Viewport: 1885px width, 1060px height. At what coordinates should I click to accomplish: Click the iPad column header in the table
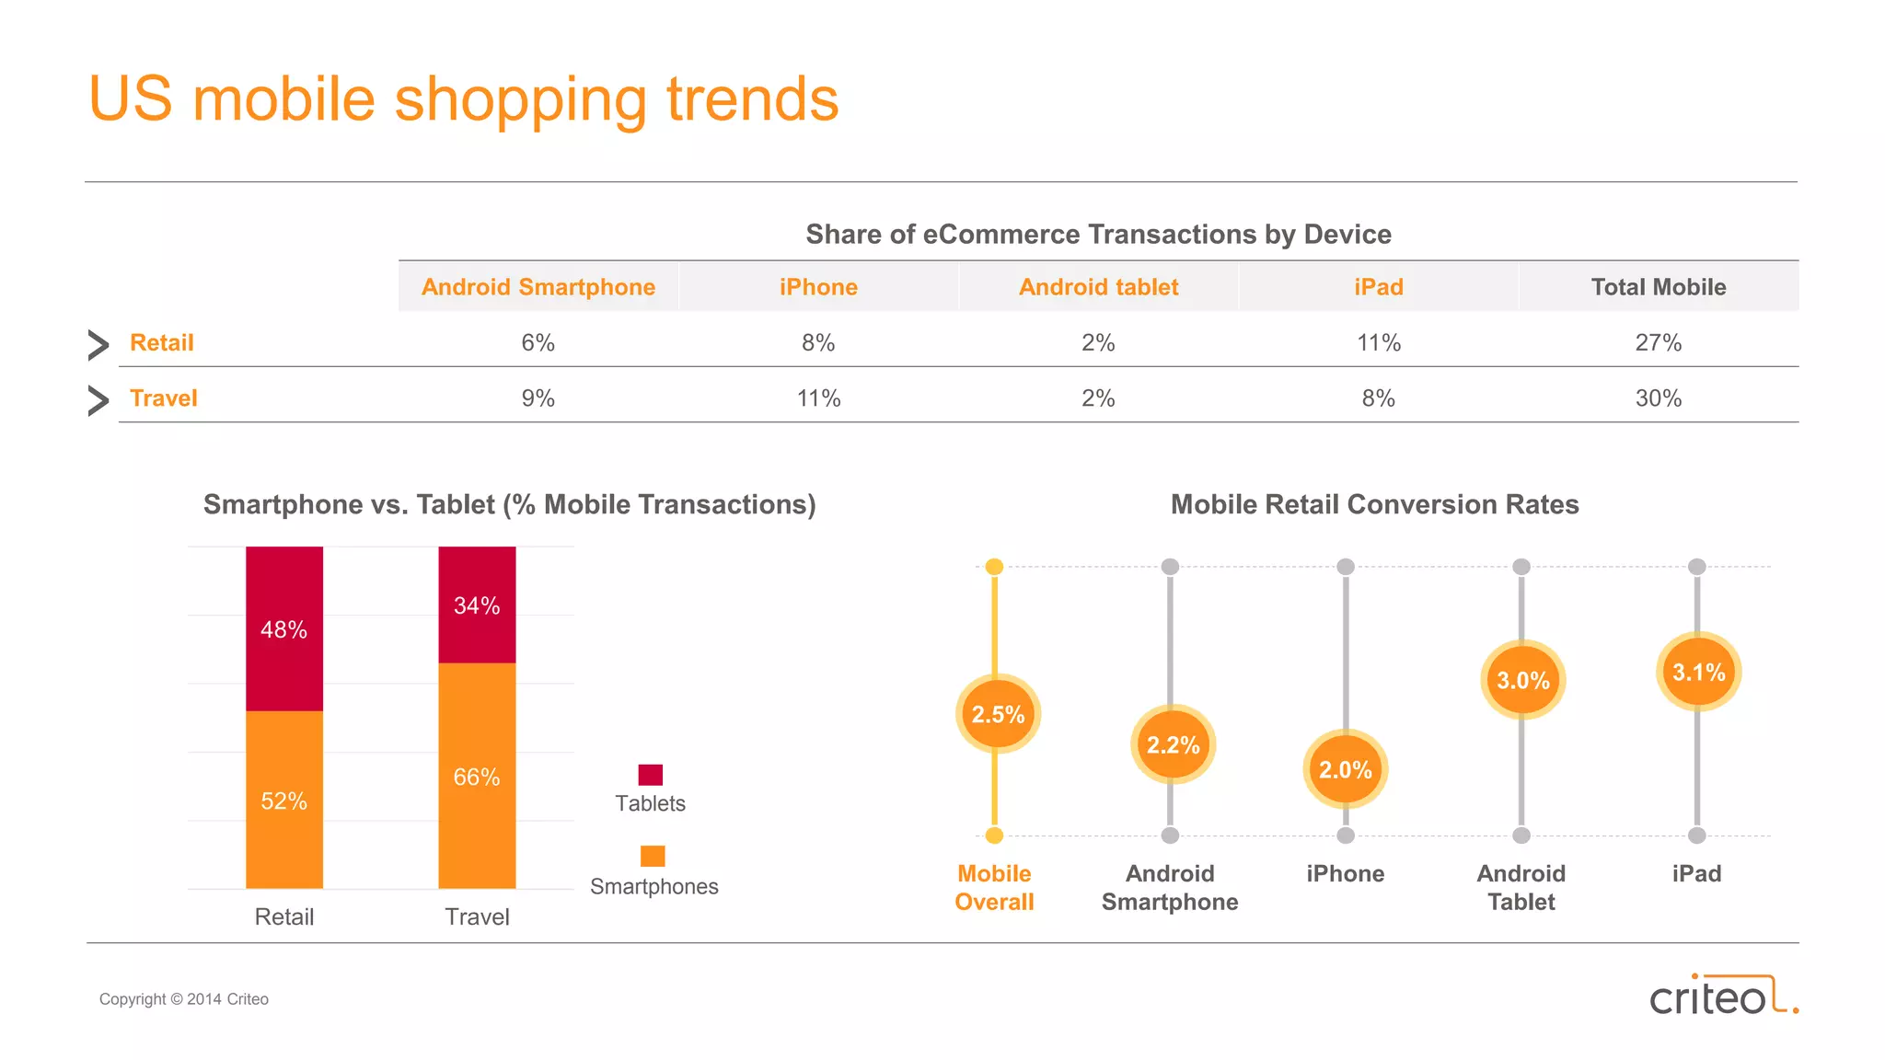coord(1378,287)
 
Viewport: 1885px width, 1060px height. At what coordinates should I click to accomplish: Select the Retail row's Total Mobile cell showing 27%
coord(1658,343)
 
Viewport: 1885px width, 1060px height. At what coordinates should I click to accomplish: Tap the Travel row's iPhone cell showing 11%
coord(818,398)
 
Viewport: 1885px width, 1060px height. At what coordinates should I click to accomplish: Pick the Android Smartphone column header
coord(538,287)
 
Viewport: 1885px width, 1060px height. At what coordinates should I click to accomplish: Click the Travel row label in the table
coord(164,398)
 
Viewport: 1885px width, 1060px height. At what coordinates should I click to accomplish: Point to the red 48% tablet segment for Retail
coord(284,629)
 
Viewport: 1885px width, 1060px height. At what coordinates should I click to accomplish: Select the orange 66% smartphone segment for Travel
coord(477,777)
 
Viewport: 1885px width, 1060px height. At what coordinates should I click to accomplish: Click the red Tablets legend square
coord(651,775)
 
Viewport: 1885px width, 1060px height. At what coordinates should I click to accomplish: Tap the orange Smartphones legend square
coord(653,856)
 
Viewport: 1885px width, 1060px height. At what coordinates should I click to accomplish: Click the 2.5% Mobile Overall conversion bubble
coord(998,714)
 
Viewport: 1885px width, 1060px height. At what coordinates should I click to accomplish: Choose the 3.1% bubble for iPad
coord(1698,673)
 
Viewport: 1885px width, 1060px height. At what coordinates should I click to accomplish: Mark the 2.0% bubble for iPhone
coord(1346,769)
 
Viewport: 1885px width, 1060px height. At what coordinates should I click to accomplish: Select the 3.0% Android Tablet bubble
coord(1522,681)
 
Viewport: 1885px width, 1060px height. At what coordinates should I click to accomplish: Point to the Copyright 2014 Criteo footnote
coord(184,999)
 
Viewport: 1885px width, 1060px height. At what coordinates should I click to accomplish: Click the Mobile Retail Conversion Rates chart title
coord(1374,504)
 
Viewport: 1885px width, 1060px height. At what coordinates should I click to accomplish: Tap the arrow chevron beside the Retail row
coord(98,344)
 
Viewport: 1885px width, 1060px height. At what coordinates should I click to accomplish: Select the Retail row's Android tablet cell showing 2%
coord(1098,343)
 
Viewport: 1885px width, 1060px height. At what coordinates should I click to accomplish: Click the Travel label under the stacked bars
coord(477,916)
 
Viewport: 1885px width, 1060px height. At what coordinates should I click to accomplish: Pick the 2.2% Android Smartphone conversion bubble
coord(1173,744)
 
